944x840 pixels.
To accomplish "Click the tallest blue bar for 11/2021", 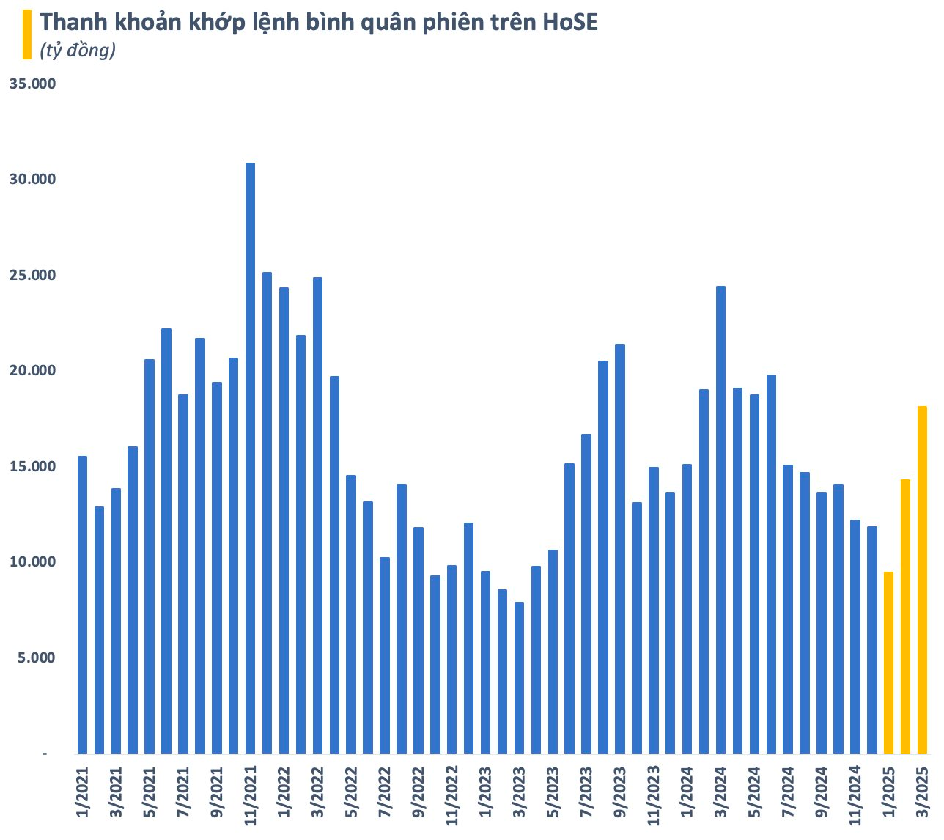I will tap(250, 458).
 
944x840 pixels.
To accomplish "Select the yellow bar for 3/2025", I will tap(922, 579).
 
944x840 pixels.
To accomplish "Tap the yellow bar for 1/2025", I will tap(888, 663).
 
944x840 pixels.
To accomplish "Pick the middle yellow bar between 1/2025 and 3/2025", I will tap(905, 616).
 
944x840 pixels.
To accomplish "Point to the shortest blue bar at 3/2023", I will tap(519, 677).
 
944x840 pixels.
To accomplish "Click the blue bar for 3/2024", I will tap(720, 520).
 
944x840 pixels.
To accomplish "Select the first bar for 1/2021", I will tap(82, 605).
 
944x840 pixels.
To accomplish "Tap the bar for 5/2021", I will tap(150, 556).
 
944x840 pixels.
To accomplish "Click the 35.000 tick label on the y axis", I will tap(32, 84).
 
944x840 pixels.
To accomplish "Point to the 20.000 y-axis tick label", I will tap(32, 371).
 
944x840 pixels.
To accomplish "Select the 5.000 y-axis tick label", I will tap(36, 658).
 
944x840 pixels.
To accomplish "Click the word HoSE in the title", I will tap(569, 23).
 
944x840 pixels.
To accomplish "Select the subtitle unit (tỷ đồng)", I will tap(78, 51).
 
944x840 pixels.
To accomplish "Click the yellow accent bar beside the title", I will tap(27, 34).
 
